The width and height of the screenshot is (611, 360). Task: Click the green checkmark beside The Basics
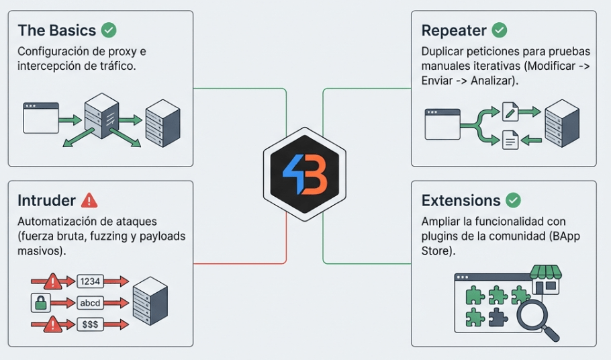[109, 30]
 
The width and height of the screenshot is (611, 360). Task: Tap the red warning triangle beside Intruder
[89, 200]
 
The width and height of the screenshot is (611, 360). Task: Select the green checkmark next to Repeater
[499, 30]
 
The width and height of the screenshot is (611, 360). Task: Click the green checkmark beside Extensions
[513, 200]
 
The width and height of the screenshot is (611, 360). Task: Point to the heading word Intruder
[47, 201]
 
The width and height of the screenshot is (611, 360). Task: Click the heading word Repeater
[453, 31]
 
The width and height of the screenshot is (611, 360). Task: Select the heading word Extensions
[461, 201]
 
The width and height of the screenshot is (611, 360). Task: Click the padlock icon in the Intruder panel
[41, 303]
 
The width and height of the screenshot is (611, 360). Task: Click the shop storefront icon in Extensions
[545, 279]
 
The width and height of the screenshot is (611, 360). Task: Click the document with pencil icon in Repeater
[510, 111]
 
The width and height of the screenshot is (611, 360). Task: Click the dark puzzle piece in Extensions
[498, 316]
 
